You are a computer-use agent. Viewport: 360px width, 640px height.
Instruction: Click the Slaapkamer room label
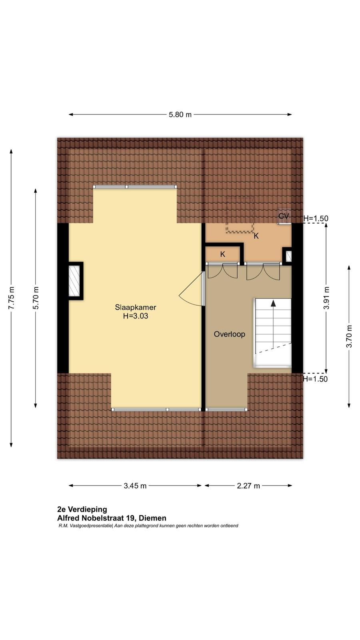[x=136, y=308]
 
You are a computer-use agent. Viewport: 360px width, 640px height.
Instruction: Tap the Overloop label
[x=230, y=334]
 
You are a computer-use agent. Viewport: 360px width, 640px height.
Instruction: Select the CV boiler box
[x=284, y=216]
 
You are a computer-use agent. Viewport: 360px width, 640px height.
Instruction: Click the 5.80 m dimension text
[x=180, y=114]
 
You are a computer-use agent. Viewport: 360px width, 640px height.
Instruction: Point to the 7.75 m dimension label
[x=11, y=298]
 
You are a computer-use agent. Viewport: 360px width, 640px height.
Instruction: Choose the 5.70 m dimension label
[x=36, y=298]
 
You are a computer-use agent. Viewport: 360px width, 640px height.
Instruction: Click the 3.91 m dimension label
[x=326, y=298]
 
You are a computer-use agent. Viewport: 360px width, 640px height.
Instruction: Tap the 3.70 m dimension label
[x=349, y=336]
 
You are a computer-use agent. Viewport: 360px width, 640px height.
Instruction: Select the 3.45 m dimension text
[x=135, y=486]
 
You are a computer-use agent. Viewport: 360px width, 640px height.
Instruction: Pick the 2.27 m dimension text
[x=248, y=486]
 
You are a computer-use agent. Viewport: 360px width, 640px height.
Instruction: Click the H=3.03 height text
[x=136, y=316]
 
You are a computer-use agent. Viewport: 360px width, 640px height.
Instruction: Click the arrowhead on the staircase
[x=273, y=303]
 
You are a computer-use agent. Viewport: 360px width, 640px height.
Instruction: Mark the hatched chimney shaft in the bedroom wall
[x=76, y=281]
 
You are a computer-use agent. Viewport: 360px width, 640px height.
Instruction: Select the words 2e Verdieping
[x=82, y=509]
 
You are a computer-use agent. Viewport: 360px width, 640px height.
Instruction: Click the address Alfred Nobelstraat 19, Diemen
[x=112, y=518]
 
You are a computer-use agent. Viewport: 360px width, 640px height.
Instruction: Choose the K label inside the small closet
[x=222, y=254]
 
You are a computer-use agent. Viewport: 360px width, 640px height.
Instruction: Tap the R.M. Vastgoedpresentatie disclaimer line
[x=148, y=526]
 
